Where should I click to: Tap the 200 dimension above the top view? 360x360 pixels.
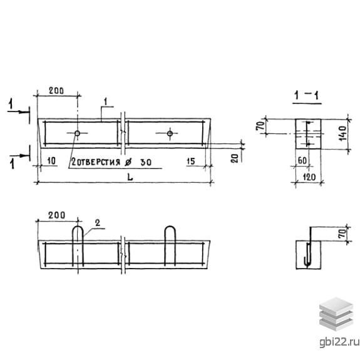click(56, 91)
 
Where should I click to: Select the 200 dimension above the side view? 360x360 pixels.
click(57, 215)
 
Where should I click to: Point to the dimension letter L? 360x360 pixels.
click(130, 177)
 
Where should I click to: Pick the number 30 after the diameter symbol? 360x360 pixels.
click(146, 162)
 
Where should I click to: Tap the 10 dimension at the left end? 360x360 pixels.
click(51, 161)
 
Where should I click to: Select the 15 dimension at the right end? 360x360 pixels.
click(191, 161)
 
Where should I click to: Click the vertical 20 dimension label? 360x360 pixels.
click(235, 158)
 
